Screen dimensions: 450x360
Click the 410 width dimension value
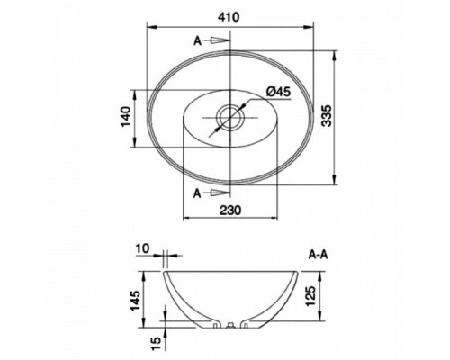pyautogui.click(x=229, y=17)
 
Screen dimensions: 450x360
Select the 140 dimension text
pyautogui.click(x=126, y=117)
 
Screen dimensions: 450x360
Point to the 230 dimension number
pyautogui.click(x=230, y=210)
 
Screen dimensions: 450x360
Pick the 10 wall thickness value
pyautogui.click(x=142, y=248)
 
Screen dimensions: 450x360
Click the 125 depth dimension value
pyautogui.click(x=310, y=296)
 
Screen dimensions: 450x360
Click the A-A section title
pyautogui.click(x=319, y=255)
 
